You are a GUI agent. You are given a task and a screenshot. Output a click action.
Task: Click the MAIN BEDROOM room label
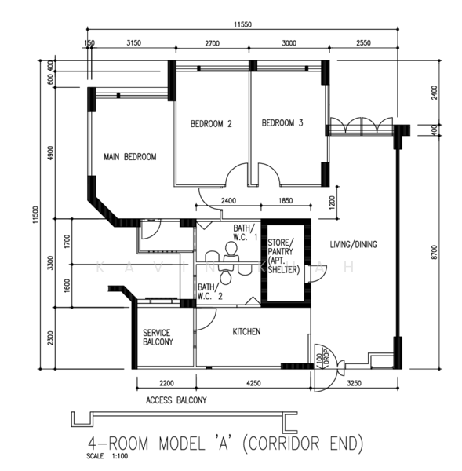click(130, 157)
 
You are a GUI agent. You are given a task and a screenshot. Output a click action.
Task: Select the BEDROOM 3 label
click(282, 123)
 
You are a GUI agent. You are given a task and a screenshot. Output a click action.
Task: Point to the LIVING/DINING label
click(353, 245)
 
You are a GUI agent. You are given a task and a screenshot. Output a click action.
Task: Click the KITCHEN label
click(247, 332)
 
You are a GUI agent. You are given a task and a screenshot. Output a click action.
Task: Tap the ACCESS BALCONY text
click(176, 400)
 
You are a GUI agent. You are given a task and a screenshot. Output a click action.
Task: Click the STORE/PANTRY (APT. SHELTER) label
click(281, 256)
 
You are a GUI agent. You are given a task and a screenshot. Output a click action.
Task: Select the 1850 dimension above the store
click(286, 201)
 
